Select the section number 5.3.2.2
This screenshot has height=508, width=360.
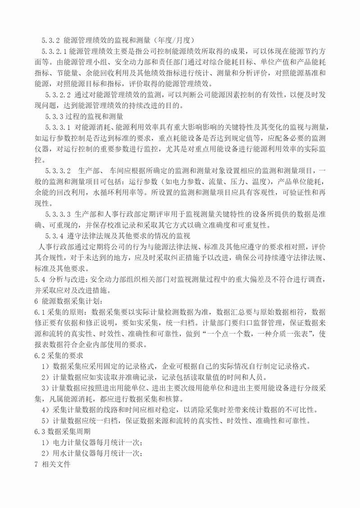point(58,94)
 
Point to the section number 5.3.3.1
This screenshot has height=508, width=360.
point(58,127)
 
